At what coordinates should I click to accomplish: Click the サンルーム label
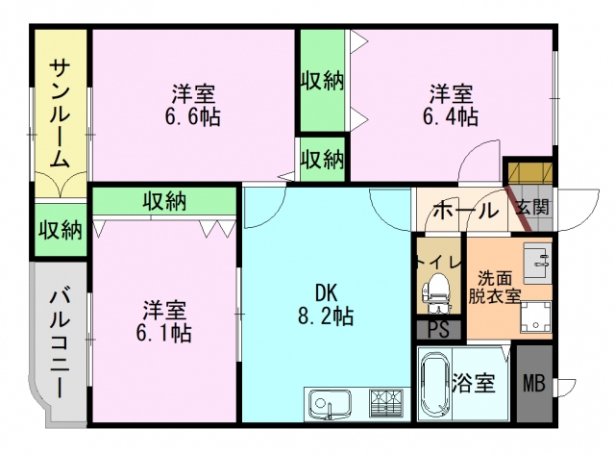(x=60, y=112)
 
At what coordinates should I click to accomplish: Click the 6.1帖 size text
(x=164, y=333)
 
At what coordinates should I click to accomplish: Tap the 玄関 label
(x=532, y=207)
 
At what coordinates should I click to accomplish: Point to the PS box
(x=438, y=330)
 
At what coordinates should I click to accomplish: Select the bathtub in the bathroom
(x=437, y=385)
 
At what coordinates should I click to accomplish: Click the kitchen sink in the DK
(x=330, y=402)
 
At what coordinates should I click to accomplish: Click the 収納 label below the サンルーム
(x=60, y=230)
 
